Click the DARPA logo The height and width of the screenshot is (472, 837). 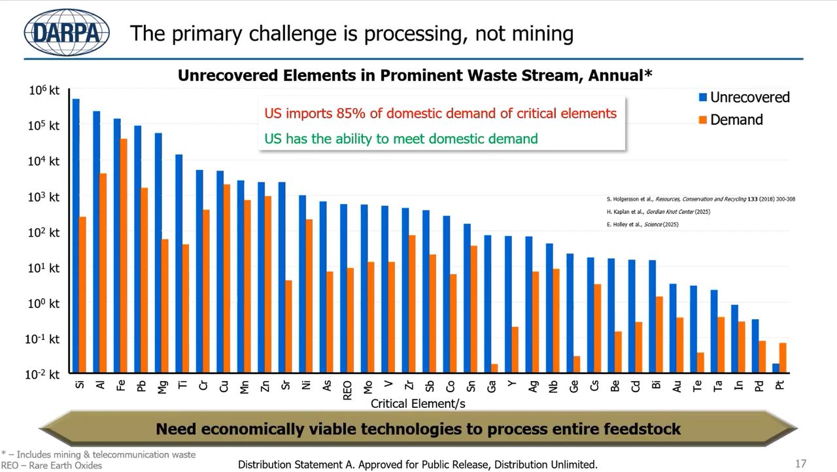point(67,32)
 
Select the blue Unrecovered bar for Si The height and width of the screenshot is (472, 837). point(76,235)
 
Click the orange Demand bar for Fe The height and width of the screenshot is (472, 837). point(124,255)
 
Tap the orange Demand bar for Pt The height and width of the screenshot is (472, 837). point(783,358)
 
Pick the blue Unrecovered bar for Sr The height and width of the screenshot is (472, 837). point(282,277)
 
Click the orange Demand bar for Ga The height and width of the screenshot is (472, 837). point(494,368)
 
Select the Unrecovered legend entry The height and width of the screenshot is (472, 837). point(743,97)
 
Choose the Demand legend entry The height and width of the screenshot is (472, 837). point(730,120)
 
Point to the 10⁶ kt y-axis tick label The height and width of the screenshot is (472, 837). point(44,90)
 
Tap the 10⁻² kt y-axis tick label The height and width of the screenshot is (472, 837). point(43,375)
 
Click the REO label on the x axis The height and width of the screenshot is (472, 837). point(347,390)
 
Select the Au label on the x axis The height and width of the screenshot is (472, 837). point(677,386)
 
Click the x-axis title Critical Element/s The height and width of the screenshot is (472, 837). point(418,404)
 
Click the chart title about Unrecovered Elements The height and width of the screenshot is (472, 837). point(415,76)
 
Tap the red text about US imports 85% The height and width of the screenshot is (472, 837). point(440,114)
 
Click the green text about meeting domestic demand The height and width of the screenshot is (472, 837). point(401,139)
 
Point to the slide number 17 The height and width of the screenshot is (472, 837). point(800,464)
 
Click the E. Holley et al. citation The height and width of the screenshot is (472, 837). point(643,224)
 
